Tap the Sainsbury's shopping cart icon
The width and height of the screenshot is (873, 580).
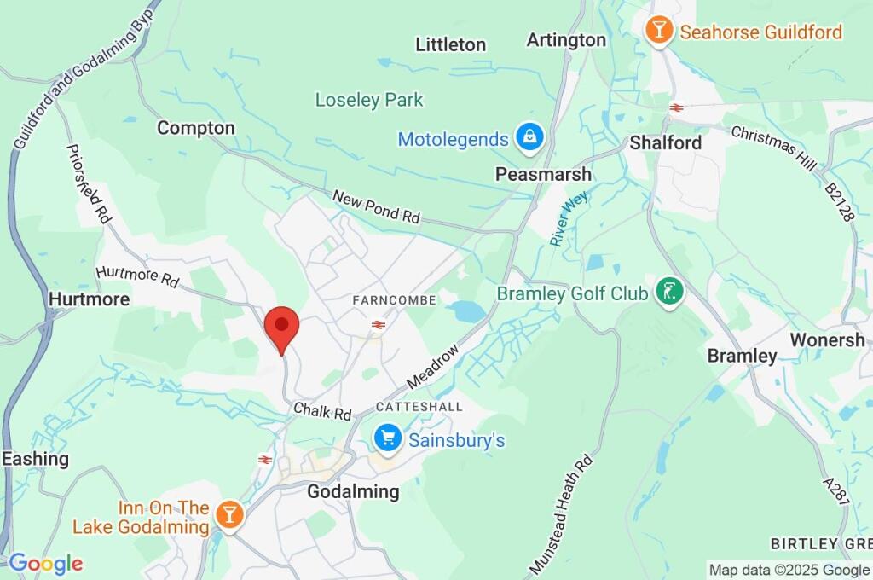coord(388,439)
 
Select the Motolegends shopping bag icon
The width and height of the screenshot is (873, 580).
coord(530,138)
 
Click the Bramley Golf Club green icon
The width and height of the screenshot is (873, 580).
coord(670,293)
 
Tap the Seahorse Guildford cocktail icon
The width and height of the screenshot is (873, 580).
coord(659,31)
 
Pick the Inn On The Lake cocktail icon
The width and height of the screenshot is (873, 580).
coord(228,513)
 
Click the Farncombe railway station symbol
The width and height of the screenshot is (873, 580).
coord(377,324)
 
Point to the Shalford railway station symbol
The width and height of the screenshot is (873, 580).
coord(677,107)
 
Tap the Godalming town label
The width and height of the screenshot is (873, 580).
coord(352,491)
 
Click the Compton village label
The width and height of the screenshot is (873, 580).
coord(195,128)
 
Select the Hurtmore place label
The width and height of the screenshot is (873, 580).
coord(89,299)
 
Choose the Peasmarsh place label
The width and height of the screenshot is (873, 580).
coord(543,174)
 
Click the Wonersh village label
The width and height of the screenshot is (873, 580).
coord(826,340)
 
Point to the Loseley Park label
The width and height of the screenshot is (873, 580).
coord(368,100)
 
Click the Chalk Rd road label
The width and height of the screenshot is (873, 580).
coord(322,411)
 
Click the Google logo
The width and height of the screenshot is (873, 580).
coord(45,563)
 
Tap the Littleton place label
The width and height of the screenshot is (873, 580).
coord(450,44)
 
